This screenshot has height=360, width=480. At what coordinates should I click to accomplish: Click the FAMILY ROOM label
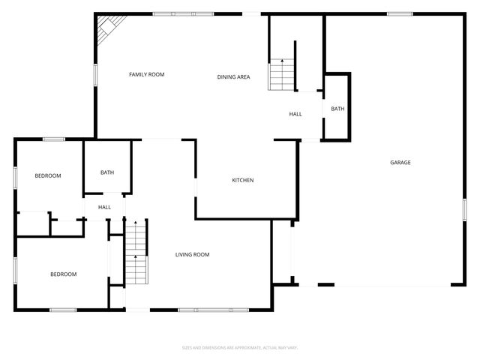coord(146,74)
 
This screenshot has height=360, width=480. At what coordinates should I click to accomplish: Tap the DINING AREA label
coord(233,76)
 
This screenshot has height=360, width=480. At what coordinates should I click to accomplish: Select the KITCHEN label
coord(242,180)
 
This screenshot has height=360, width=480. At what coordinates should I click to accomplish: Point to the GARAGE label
coord(400,163)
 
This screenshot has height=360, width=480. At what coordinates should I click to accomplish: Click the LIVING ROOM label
coord(192,255)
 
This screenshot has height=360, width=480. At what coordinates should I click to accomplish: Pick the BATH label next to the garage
coord(337,109)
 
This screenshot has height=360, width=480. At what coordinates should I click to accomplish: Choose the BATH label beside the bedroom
coord(107,173)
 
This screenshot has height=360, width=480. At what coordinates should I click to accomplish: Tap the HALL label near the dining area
coord(295,114)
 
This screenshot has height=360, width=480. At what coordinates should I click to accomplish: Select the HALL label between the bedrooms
coord(104,207)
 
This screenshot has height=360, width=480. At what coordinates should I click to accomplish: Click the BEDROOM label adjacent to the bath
coord(48,175)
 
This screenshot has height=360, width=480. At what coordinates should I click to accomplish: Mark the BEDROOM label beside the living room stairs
coord(63,274)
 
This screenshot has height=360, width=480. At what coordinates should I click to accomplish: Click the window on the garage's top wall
coord(400,13)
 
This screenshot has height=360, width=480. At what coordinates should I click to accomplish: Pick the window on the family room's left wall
coord(95,74)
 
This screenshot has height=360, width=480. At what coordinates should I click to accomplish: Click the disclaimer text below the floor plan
coord(240,347)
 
